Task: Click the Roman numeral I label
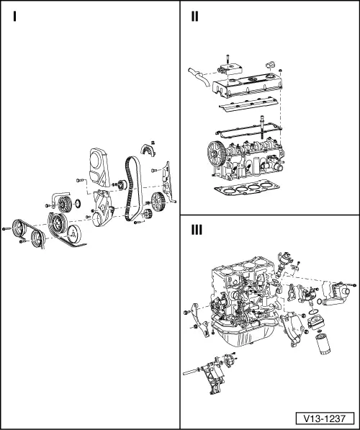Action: pyautogui.click(x=14, y=17)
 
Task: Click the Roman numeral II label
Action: pyautogui.click(x=194, y=17)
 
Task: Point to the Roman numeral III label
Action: pyautogui.click(x=197, y=230)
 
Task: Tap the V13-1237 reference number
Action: pyautogui.click(x=325, y=418)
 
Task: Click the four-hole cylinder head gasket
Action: pyautogui.click(x=247, y=188)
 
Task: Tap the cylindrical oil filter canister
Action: pyautogui.click(x=323, y=344)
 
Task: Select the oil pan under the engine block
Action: pyautogui.click(x=244, y=333)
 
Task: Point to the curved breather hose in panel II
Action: pyautogui.click(x=199, y=77)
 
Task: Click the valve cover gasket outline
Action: pyautogui.click(x=248, y=130)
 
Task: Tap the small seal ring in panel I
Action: pyautogui.click(x=78, y=204)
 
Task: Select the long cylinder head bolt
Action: pyautogui.click(x=262, y=128)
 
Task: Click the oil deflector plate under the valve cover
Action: pyautogui.click(x=248, y=104)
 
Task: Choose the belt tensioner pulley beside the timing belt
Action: pyautogui.click(x=120, y=185)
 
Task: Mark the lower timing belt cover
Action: pyautogui.click(x=103, y=208)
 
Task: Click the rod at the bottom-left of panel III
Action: pyautogui.click(x=191, y=372)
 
